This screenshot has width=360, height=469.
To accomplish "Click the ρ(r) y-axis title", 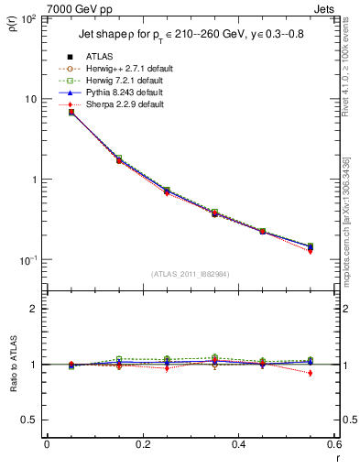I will click(x=12, y=27).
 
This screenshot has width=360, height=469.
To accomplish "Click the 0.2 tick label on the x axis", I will click(x=142, y=444).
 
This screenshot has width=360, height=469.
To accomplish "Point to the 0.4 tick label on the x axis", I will click(x=239, y=444).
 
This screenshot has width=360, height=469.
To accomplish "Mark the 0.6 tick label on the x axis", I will click(x=333, y=444).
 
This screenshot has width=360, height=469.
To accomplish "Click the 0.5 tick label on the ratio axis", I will click(x=30, y=420).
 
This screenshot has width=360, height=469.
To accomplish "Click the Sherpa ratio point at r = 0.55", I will click(x=311, y=373).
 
